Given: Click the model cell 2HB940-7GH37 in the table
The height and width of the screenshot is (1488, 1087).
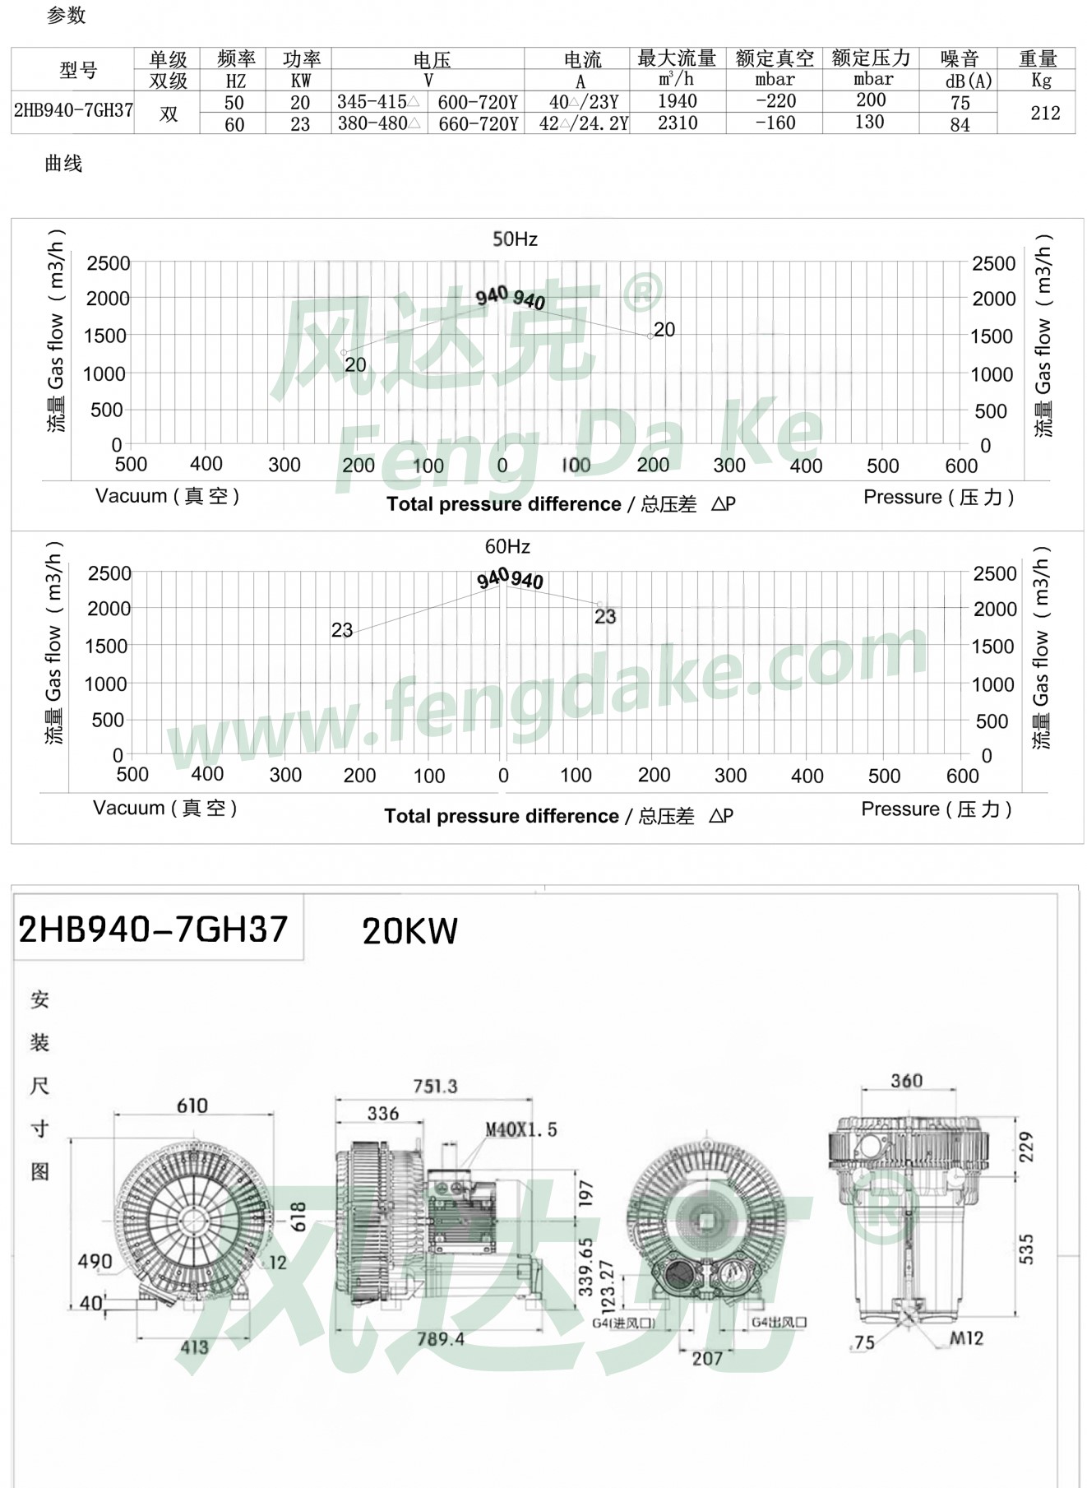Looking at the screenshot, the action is (x=73, y=111).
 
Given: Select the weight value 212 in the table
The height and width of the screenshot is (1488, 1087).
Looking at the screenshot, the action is (x=1045, y=113).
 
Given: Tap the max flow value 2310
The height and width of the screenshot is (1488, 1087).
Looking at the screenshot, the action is (x=678, y=123).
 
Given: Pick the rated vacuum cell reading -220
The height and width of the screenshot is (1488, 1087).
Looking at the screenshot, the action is (x=776, y=101).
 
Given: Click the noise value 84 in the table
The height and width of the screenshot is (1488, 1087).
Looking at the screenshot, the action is (x=960, y=125).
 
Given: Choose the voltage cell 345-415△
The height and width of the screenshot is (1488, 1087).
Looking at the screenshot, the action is (x=378, y=102).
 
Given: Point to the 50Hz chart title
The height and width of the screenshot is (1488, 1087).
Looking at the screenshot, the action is (x=515, y=239).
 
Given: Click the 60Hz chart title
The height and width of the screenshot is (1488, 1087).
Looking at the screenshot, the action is (x=507, y=547).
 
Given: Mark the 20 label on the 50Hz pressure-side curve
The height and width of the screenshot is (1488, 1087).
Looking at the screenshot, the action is (x=664, y=330).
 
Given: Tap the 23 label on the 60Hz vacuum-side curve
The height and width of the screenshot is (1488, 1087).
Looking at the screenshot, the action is (x=342, y=630).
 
